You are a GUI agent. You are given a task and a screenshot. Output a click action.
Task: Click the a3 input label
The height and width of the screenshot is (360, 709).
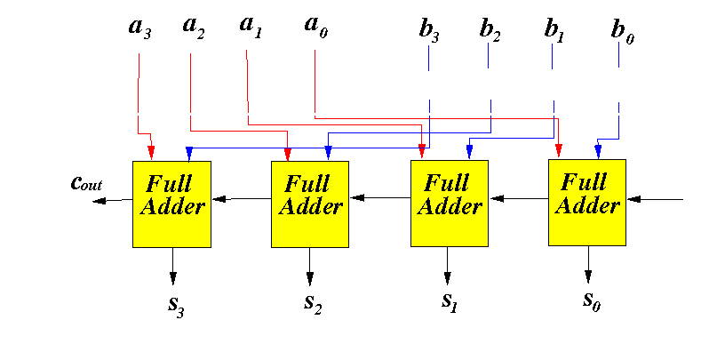point(140,28)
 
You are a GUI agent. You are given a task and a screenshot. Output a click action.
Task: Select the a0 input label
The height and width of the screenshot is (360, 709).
point(316,28)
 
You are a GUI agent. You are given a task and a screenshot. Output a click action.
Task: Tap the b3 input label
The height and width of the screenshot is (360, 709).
point(429,31)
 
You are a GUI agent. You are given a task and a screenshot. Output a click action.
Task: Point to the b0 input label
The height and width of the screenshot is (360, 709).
point(623,32)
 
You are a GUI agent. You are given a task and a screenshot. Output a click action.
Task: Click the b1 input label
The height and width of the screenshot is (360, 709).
point(554,31)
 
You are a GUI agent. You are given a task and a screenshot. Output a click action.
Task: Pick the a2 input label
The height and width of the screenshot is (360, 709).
point(194,28)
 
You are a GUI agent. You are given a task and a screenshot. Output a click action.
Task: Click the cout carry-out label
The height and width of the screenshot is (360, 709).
point(86,183)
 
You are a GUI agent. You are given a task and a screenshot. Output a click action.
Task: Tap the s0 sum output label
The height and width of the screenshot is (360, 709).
point(592,301)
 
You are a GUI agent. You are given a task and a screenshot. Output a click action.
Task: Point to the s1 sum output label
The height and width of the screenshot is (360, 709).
point(450,301)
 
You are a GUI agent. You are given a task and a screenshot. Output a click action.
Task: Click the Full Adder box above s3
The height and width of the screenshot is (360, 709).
point(171,204)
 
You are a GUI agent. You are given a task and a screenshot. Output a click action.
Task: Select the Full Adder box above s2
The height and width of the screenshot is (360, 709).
point(310,204)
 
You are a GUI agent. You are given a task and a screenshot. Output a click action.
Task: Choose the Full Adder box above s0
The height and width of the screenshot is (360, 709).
point(587,203)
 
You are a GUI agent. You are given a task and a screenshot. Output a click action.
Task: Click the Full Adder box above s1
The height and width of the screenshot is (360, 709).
point(450,204)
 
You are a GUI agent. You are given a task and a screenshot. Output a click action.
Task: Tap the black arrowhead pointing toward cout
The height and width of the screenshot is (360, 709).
point(99,201)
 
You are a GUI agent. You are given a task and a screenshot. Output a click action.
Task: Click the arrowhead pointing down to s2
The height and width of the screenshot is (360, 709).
point(310,278)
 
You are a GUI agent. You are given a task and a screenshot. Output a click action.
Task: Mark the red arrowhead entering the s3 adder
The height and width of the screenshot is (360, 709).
point(151,152)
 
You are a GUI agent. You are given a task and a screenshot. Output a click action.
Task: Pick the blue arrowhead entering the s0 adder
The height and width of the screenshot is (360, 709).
point(598,151)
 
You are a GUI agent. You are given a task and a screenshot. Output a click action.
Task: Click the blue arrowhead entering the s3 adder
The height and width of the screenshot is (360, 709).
point(189,154)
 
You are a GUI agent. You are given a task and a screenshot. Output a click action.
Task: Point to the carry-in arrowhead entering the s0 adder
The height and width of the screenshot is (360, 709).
point(634,199)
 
